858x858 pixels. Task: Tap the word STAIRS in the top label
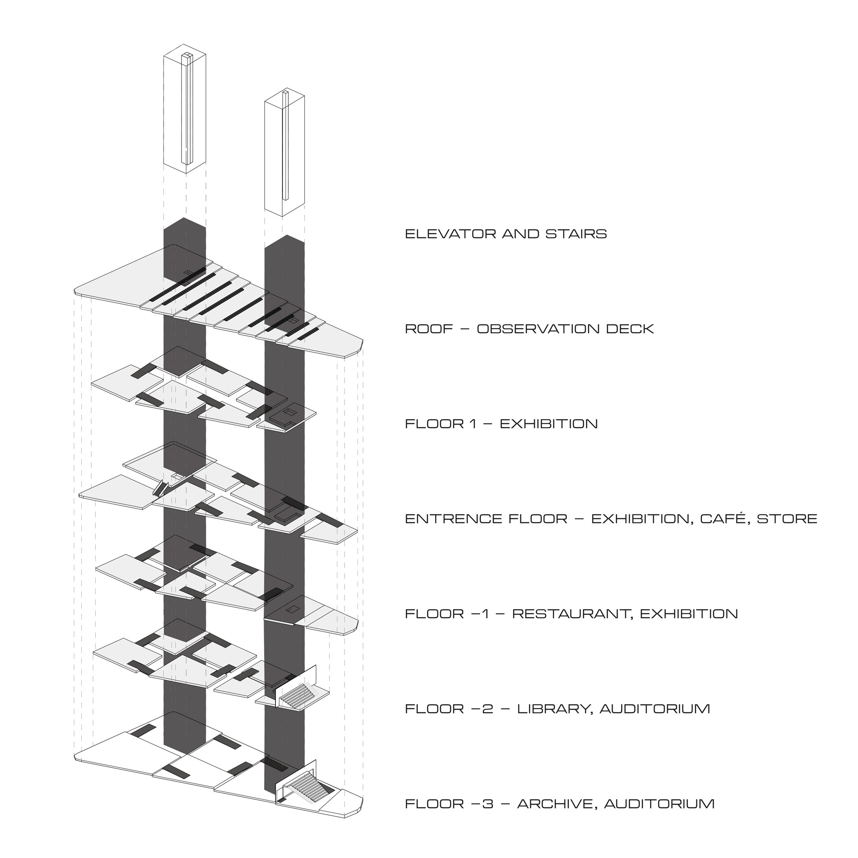pos(576,234)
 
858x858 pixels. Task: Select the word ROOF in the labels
pos(429,329)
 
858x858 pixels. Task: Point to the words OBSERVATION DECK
pos(565,329)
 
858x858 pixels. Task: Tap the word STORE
pos(786,519)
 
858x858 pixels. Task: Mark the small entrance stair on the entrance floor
pos(160,488)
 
